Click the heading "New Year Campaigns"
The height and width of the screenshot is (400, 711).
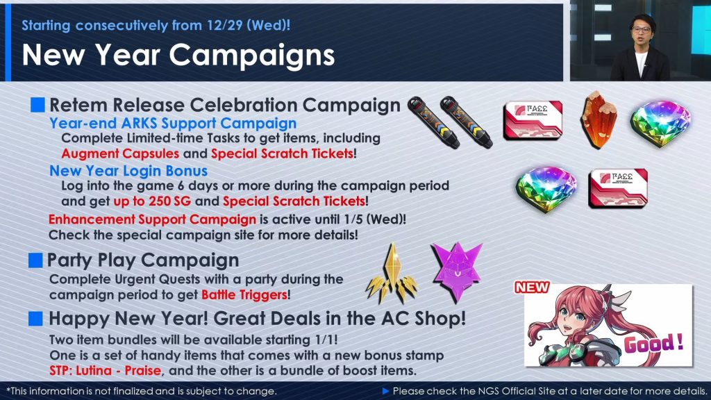point(178,56)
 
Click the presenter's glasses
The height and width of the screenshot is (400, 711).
point(641,29)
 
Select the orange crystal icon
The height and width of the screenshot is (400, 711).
point(599,119)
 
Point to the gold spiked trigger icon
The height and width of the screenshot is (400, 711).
point(392,274)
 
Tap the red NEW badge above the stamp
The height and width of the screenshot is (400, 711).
point(532,287)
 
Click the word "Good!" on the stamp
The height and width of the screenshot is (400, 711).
point(653,343)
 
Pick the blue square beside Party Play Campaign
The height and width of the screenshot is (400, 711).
point(35,260)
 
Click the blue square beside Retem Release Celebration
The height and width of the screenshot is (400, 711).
point(37,105)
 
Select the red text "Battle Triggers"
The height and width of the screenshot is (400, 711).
point(244,294)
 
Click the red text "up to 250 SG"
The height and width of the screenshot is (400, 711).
point(152,201)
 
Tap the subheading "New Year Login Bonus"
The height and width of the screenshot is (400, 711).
point(128,171)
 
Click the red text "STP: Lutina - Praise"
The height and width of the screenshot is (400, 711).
point(106,371)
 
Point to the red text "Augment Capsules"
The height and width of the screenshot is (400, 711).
point(121,153)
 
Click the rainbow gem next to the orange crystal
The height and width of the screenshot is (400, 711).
point(660,124)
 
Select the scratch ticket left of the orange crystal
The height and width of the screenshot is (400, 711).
point(533,120)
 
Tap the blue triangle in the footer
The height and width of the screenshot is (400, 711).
point(386,391)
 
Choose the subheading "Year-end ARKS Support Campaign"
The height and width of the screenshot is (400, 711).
point(173,124)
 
